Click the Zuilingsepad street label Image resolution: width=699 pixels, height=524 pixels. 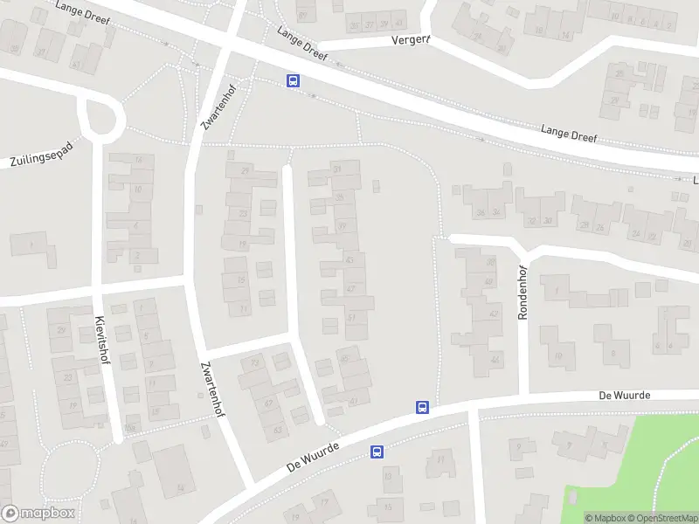coord(41,154)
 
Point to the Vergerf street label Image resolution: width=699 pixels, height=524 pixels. coord(411,40)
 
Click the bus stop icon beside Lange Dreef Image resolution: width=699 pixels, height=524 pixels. coord(293,81)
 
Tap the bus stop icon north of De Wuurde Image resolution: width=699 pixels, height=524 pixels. coord(422,407)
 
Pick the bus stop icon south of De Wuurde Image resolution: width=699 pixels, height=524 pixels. coord(377,452)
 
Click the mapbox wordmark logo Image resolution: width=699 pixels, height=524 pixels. coord(38,514)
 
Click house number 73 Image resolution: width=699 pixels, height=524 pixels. coord(255,362)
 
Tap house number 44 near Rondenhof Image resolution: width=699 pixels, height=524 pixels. coord(495,360)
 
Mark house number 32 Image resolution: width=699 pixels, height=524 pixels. coord(531,221)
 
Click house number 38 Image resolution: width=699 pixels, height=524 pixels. coord(491,262)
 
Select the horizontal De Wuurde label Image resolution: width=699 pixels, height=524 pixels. coord(625,396)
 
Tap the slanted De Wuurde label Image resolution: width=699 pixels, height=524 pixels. coord(312,455)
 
